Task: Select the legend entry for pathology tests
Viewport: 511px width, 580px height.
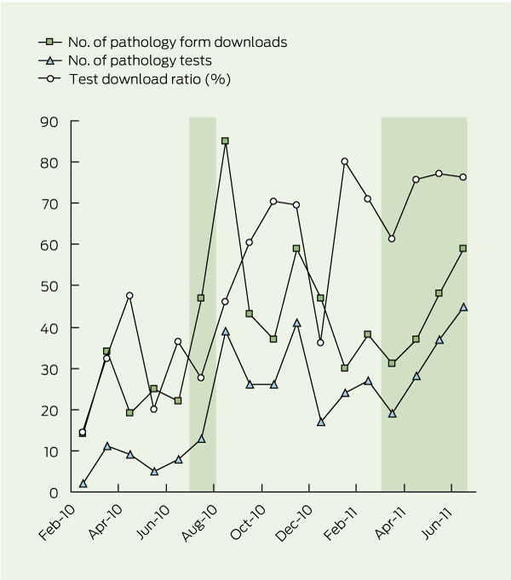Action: [x=135, y=60]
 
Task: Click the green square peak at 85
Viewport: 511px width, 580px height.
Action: [x=225, y=141]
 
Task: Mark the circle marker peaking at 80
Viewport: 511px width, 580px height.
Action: [x=345, y=162]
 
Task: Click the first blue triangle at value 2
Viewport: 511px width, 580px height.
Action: [x=83, y=483]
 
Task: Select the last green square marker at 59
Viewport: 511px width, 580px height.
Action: [x=463, y=248]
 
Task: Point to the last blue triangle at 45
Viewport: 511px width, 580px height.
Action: [x=463, y=307]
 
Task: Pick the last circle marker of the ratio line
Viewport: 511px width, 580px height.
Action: [x=463, y=177]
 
